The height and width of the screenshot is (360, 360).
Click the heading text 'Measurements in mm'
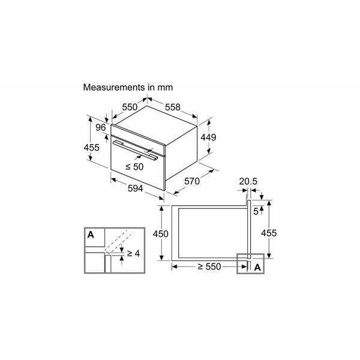coord(128,88)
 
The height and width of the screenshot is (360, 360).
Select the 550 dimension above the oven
coord(130,107)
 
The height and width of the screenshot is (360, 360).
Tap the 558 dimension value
coord(173,107)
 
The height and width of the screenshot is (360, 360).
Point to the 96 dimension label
coord(101,127)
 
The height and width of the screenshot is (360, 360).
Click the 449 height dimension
coord(208,137)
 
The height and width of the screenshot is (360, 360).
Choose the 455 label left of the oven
coord(91,148)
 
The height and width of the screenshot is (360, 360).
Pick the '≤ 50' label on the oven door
coord(134,167)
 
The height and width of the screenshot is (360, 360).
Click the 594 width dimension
coord(135,188)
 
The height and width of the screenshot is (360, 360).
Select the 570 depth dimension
coord(192,181)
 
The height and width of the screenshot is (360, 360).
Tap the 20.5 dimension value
coord(248,181)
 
